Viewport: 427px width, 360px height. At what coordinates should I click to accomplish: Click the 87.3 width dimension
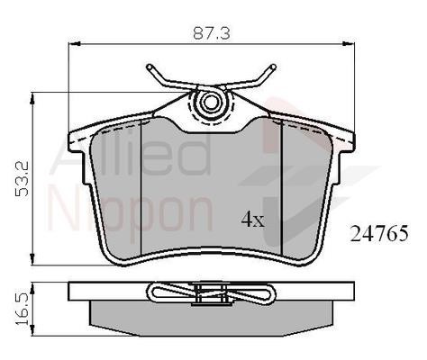coord(212,33)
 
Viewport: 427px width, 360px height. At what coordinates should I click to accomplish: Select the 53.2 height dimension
coord(23,179)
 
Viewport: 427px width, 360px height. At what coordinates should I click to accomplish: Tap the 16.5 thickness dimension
coord(23,309)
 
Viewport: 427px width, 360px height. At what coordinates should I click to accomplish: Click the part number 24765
coord(379,233)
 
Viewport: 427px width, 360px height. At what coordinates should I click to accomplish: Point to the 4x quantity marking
coord(253,219)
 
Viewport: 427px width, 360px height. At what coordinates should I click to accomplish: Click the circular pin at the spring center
coord(210,102)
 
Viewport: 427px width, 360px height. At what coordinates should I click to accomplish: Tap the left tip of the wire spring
coord(149,67)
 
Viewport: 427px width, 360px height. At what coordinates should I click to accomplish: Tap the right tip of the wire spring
coord(273,67)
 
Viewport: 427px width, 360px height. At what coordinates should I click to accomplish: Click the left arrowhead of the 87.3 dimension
coord(75,44)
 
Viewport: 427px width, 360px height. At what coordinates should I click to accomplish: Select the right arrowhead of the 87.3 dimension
coord(349,44)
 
